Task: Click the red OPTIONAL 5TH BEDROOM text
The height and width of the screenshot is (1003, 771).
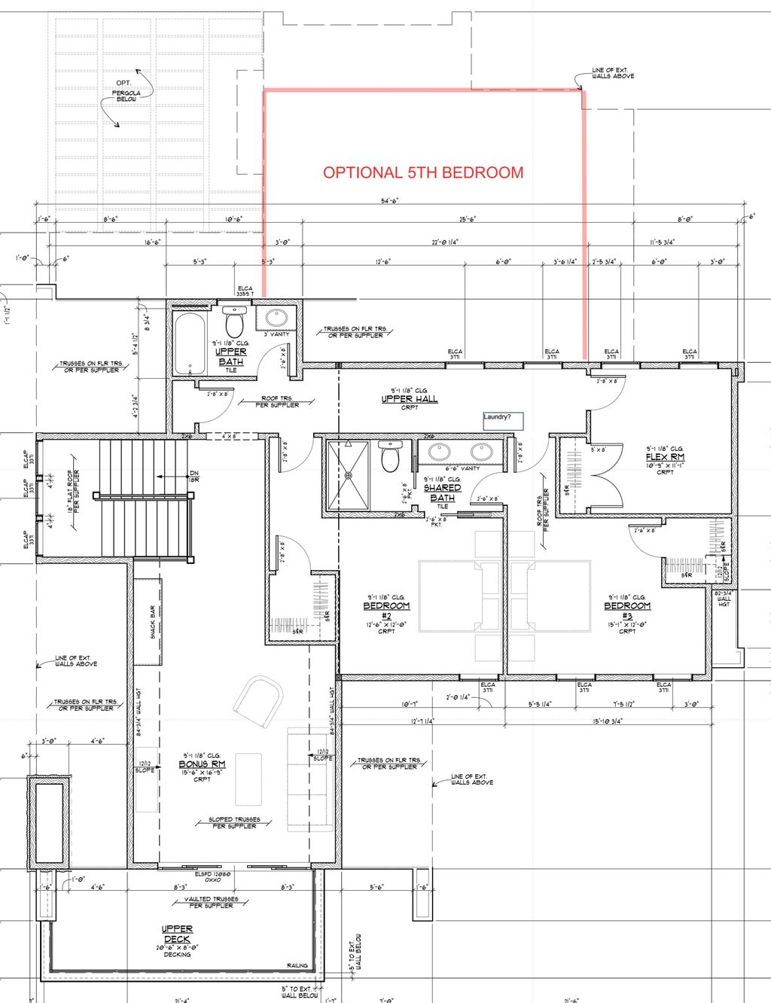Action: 423,172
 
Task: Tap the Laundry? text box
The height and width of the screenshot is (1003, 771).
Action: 503,420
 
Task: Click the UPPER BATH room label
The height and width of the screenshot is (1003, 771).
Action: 230,357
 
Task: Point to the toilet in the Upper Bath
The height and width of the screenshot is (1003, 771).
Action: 234,323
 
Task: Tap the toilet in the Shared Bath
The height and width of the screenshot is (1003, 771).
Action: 389,458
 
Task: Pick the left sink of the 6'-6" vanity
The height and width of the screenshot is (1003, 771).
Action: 438,453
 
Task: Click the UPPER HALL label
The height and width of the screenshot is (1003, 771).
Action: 409,399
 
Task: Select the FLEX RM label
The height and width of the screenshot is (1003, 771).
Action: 665,457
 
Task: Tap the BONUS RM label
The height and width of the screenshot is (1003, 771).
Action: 202,764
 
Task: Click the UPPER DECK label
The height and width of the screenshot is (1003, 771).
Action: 177,934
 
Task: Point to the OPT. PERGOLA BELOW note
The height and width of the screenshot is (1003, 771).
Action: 126,91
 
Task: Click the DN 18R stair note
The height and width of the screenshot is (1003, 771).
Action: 194,476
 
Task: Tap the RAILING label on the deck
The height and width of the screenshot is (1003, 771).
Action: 297,965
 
